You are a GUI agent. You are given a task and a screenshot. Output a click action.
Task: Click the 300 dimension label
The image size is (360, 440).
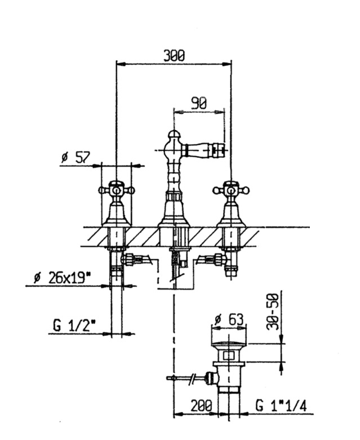pyautogui.click(x=174, y=55)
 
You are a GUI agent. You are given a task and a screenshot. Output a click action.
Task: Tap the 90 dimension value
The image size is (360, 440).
pyautogui.click(x=199, y=103)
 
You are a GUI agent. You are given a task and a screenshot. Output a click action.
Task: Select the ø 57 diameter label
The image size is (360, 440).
pyautogui.click(x=75, y=157)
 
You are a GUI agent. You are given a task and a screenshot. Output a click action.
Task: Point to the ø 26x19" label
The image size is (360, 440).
pyautogui.click(x=63, y=278)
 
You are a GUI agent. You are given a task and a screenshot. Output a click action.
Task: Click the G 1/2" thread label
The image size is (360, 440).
pyautogui.click(x=74, y=326)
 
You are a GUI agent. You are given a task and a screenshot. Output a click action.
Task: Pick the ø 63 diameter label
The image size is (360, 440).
pyautogui.click(x=229, y=319)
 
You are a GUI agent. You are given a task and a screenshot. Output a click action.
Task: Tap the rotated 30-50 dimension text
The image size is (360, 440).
pyautogui.click(x=273, y=312)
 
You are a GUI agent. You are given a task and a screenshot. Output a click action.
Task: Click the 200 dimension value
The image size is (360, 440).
pyautogui.click(x=201, y=406)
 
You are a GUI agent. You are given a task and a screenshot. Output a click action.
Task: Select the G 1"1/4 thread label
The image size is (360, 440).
pyautogui.click(x=281, y=406)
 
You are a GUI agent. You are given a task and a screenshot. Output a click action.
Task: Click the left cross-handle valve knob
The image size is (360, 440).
pyautogui.click(x=117, y=190)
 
